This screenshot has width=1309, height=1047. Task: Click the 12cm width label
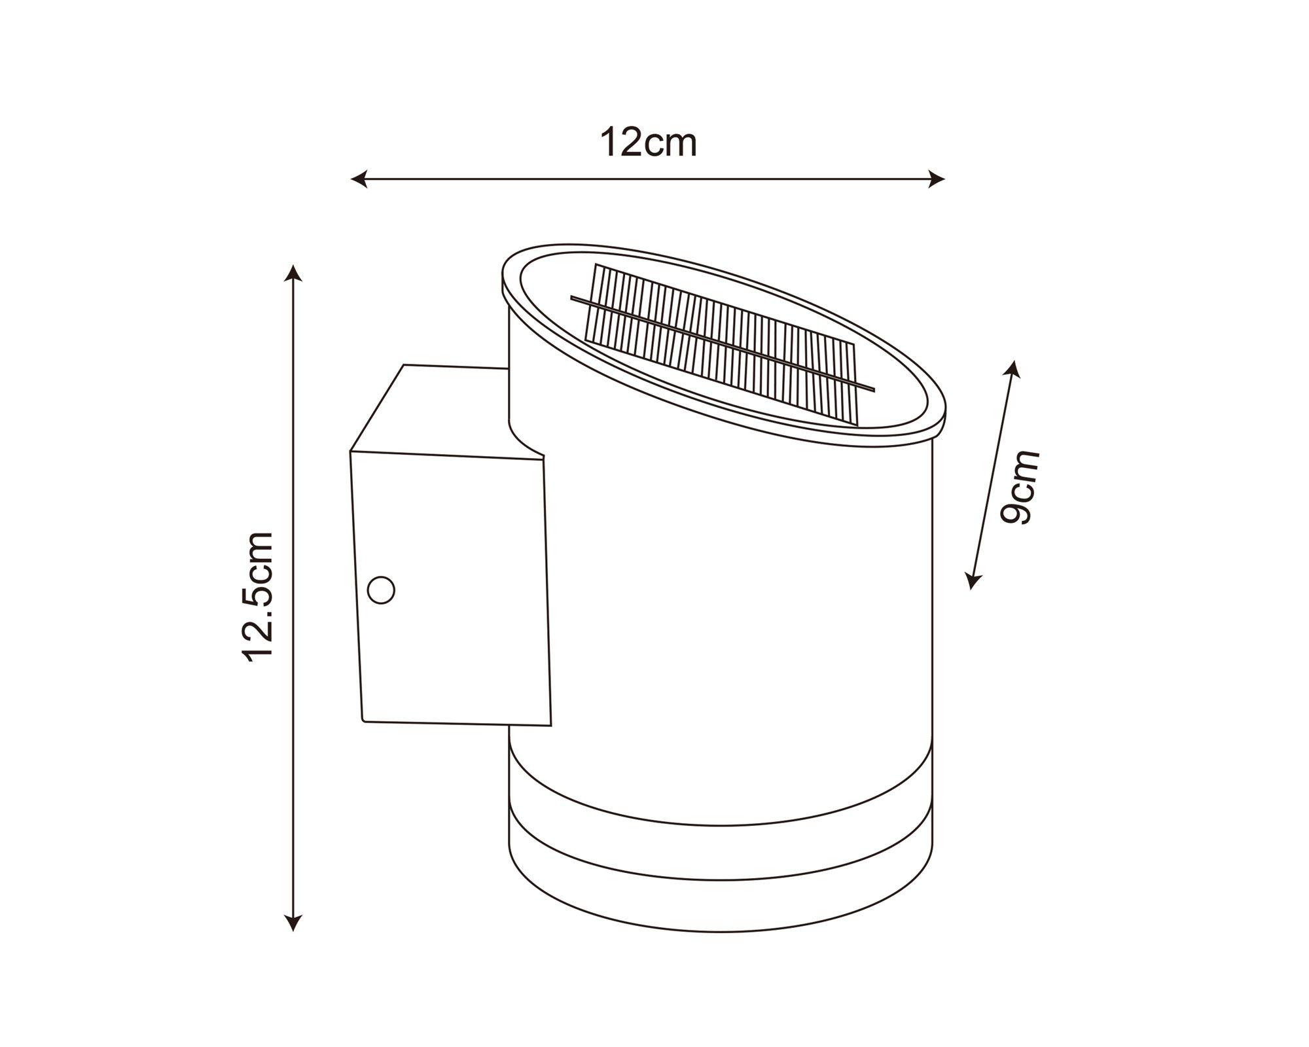[x=648, y=143]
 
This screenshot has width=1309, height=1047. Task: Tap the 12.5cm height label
[x=257, y=597]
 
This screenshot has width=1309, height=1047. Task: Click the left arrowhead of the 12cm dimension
[x=357, y=178]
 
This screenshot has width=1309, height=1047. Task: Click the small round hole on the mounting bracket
[x=381, y=590]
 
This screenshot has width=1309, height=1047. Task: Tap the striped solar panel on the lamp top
[x=720, y=340]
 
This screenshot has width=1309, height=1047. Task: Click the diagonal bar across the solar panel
[x=720, y=343]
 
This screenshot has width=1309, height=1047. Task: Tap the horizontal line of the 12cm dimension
[x=648, y=178]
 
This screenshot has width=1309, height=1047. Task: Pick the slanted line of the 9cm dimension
[x=994, y=474]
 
